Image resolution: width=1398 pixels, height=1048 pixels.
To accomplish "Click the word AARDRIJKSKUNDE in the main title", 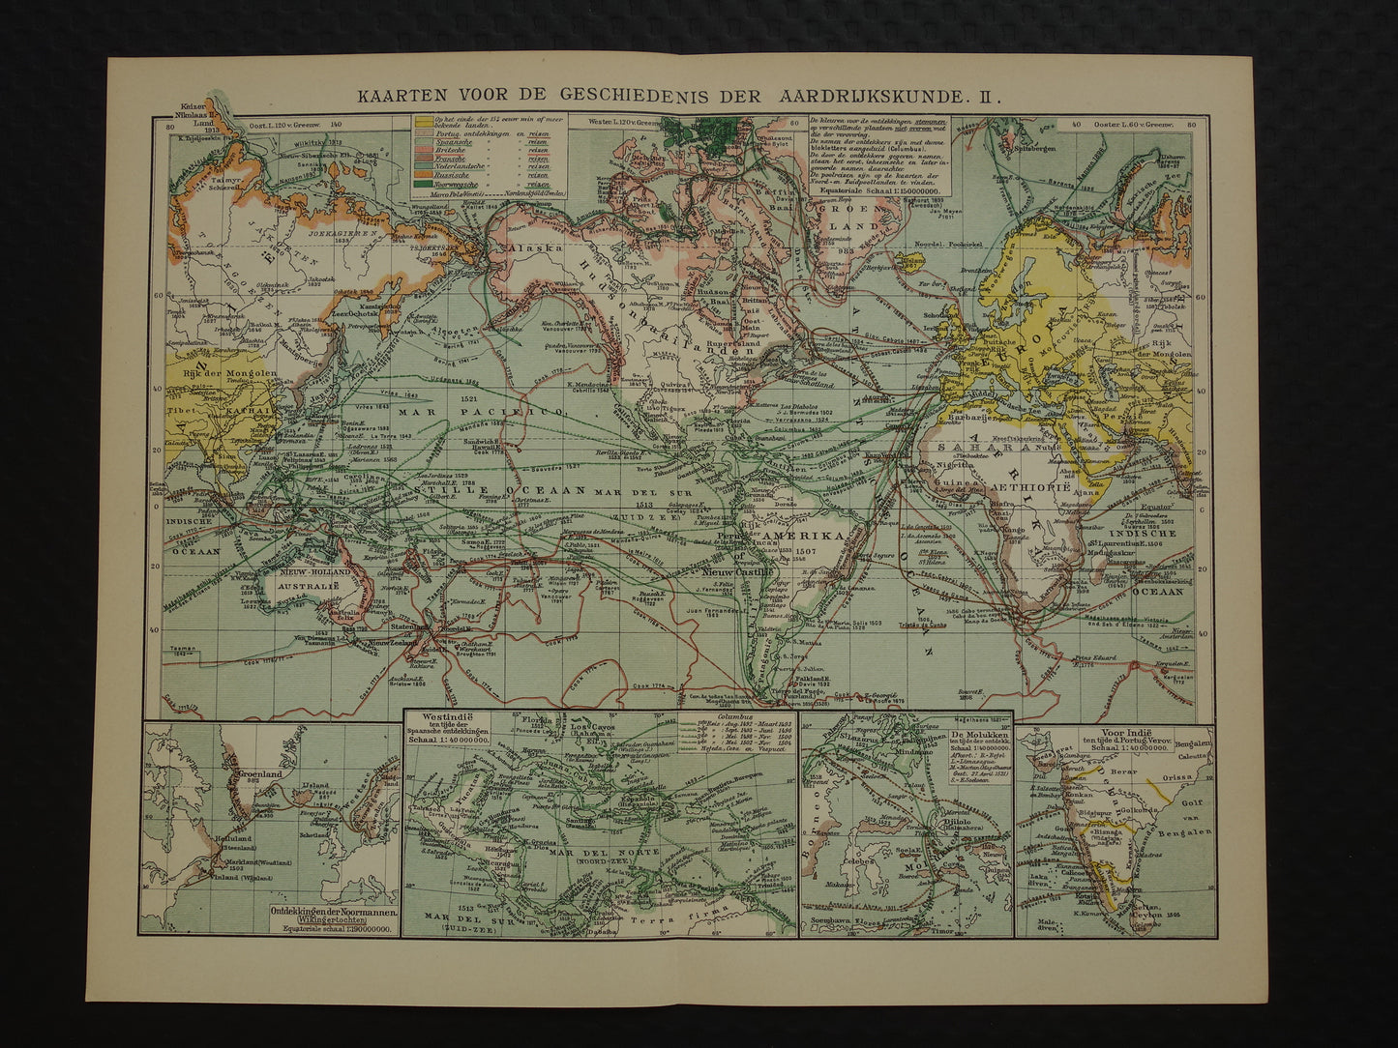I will (x=873, y=96).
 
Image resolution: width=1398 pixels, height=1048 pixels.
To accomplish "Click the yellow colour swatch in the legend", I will (x=423, y=123).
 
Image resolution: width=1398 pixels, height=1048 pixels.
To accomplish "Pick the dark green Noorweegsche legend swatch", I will (x=423, y=184).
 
